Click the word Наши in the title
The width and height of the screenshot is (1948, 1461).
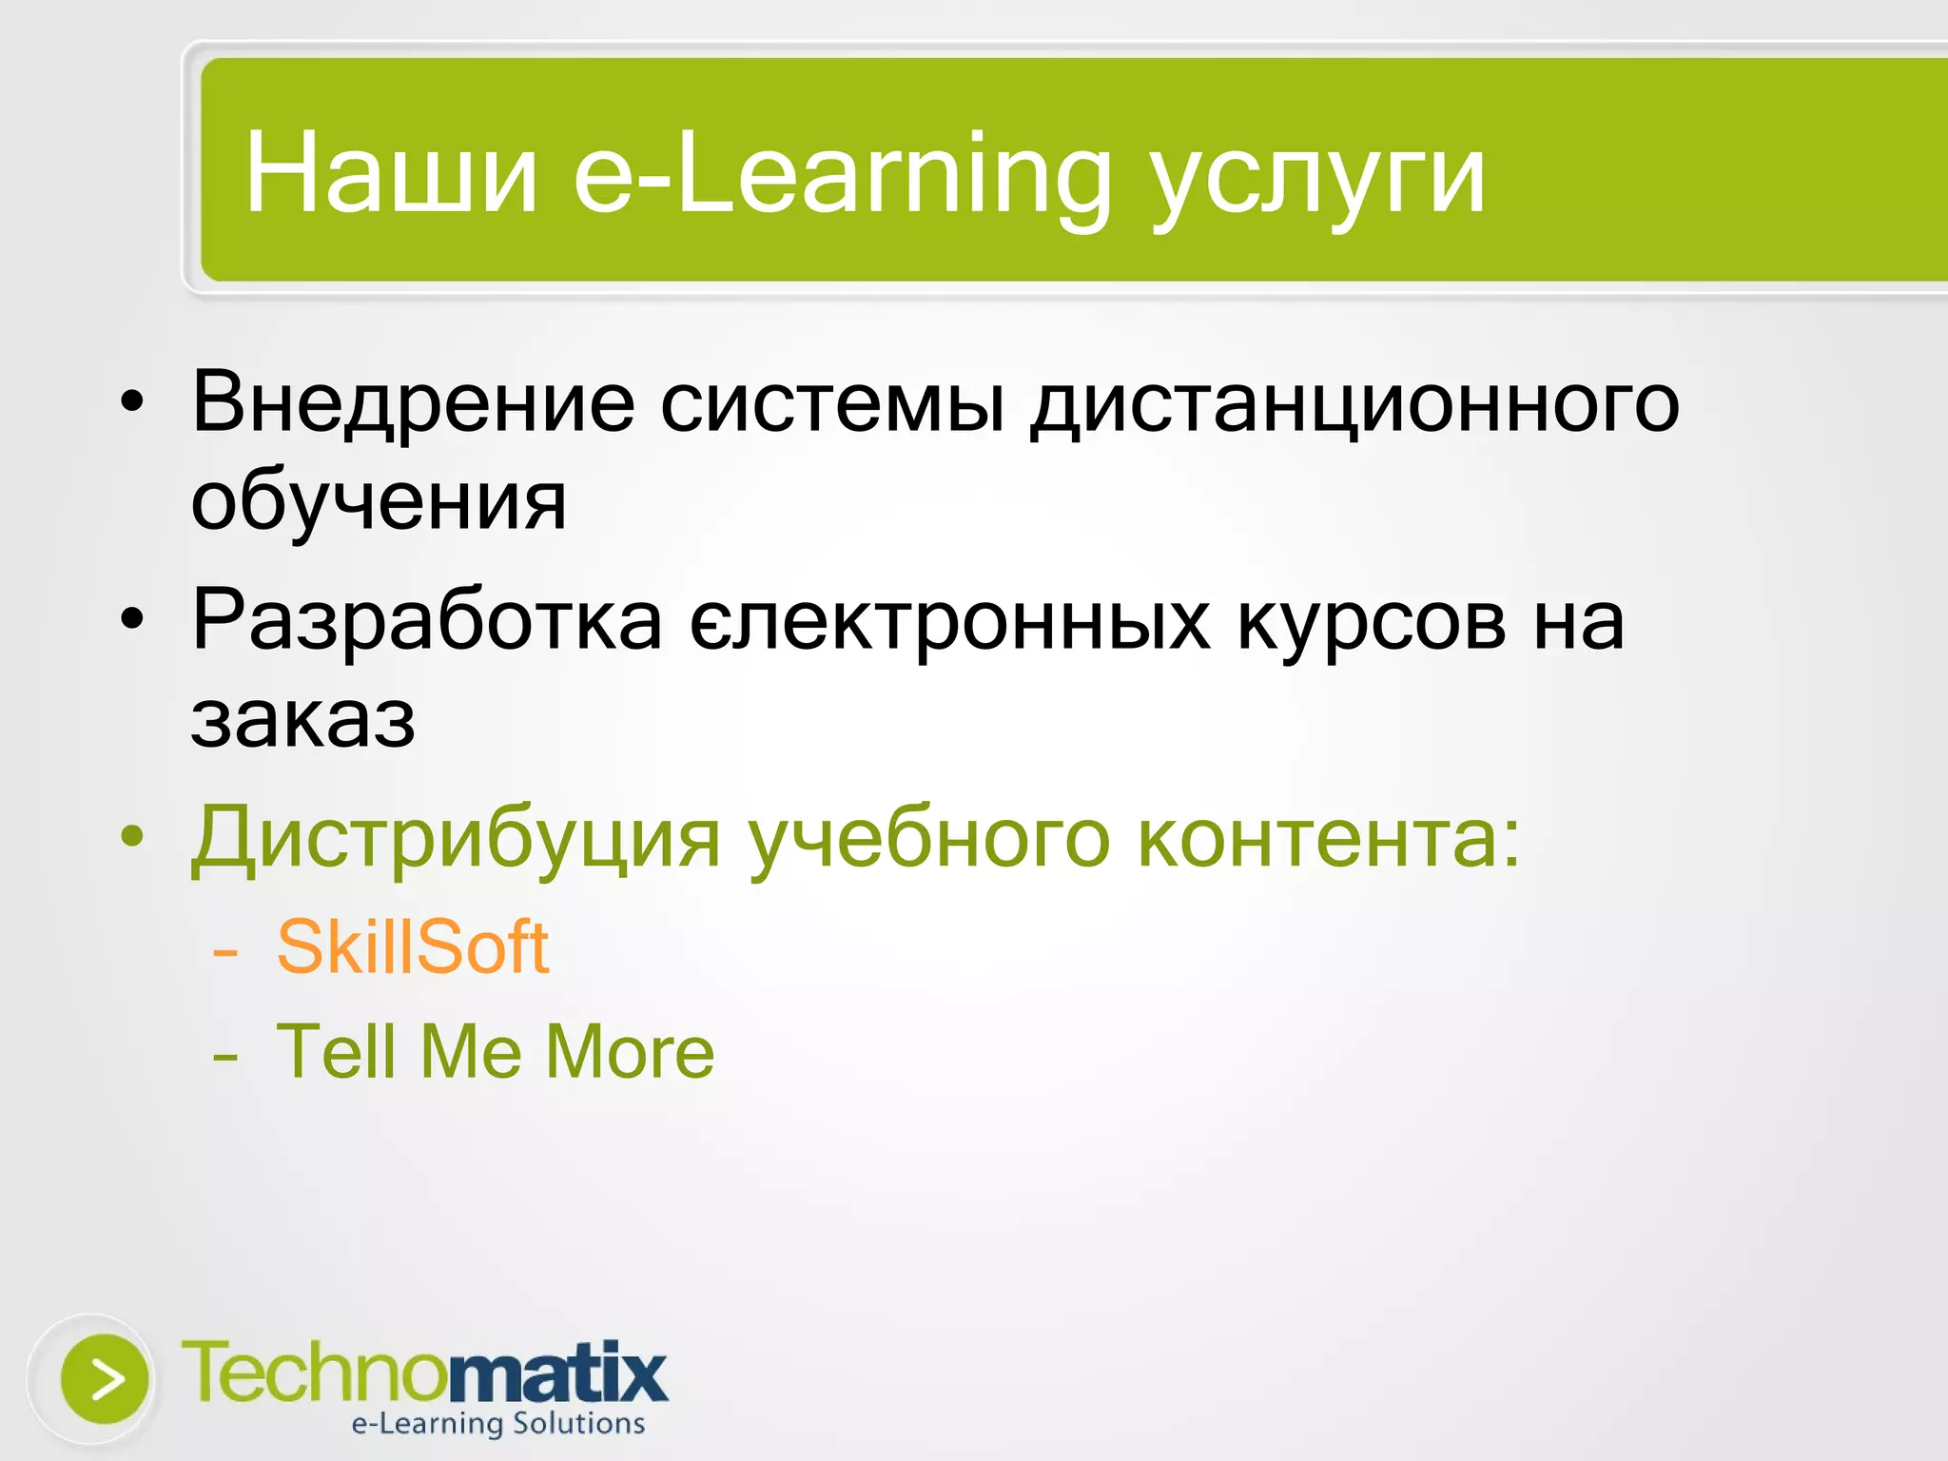coord(391,175)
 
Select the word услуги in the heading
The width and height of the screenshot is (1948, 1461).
coord(1316,181)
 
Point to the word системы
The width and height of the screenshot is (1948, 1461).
coord(832,403)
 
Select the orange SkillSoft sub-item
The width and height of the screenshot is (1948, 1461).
coord(413,947)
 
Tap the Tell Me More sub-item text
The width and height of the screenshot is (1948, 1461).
coord(495,1052)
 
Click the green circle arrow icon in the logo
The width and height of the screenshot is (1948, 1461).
coord(105,1379)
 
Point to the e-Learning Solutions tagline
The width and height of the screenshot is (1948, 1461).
coord(498,1424)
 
